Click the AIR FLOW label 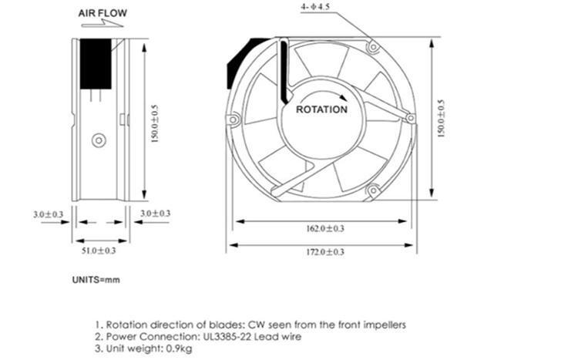tap(102, 13)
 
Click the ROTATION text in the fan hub tap(321, 109)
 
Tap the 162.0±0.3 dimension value tap(323, 228)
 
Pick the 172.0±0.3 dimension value tap(323, 251)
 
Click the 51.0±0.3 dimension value tap(99, 251)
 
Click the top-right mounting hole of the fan tap(373, 48)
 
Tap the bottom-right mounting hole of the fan tap(372, 190)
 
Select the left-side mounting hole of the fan tap(235, 119)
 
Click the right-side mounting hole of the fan tap(410, 118)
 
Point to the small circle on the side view tap(98, 140)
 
